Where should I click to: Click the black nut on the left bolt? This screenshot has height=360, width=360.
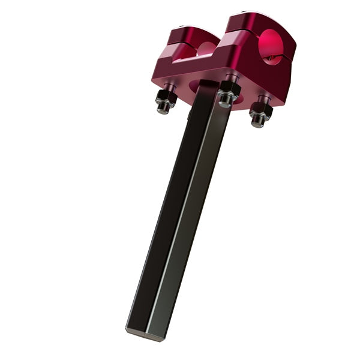pos(165,97)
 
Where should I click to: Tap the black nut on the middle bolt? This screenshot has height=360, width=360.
pos(229,91)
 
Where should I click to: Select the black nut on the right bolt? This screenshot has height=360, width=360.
pos(261,110)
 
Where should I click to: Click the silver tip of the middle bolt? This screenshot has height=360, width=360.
pos(224,103)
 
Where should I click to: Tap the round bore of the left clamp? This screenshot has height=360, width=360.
pos(205,49)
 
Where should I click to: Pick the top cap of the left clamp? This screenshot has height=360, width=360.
pos(191,34)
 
